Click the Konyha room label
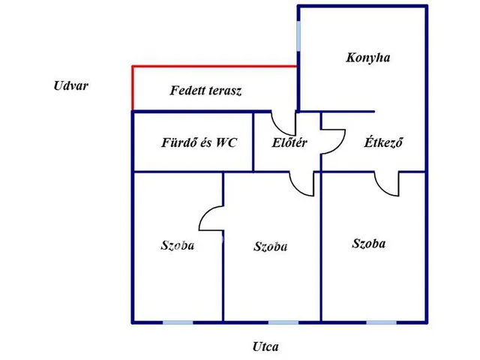tap(368, 58)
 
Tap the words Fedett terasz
tap(205, 91)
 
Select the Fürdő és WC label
tap(199, 142)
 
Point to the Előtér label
tap(289, 142)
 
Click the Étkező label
tap(383, 142)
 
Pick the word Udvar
tap(71, 85)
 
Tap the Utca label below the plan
tap(265, 346)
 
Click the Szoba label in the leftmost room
tap(178, 245)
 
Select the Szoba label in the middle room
tap(271, 247)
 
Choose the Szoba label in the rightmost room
tap(369, 244)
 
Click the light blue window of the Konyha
tap(298, 36)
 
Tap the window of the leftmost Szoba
tap(178, 322)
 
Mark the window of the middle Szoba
tap(283, 322)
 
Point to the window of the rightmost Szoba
tap(382, 322)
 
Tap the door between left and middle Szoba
tap(203, 213)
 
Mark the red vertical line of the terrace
tap(133, 88)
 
